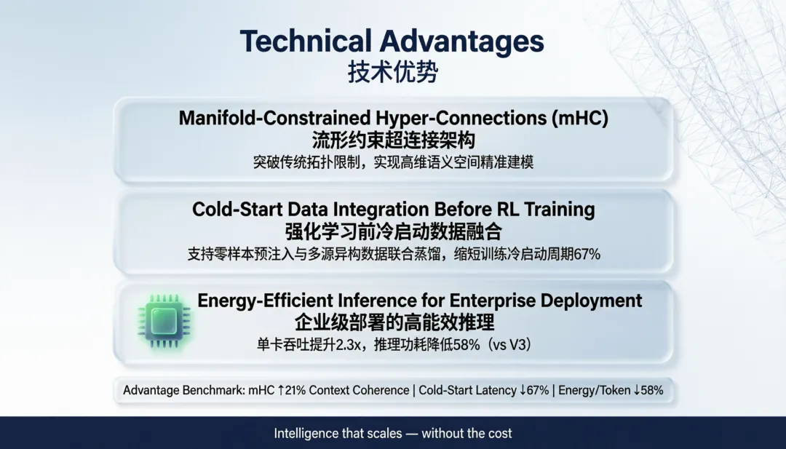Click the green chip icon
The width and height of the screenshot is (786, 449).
click(164, 321)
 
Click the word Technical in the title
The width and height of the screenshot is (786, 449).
click(306, 41)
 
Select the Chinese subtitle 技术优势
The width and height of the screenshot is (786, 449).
click(393, 72)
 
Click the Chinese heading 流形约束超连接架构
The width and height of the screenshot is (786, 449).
click(394, 140)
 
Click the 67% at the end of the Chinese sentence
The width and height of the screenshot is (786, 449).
click(587, 254)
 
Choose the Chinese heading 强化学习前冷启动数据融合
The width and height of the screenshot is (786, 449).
click(394, 231)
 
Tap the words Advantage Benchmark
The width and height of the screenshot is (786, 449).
click(183, 390)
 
